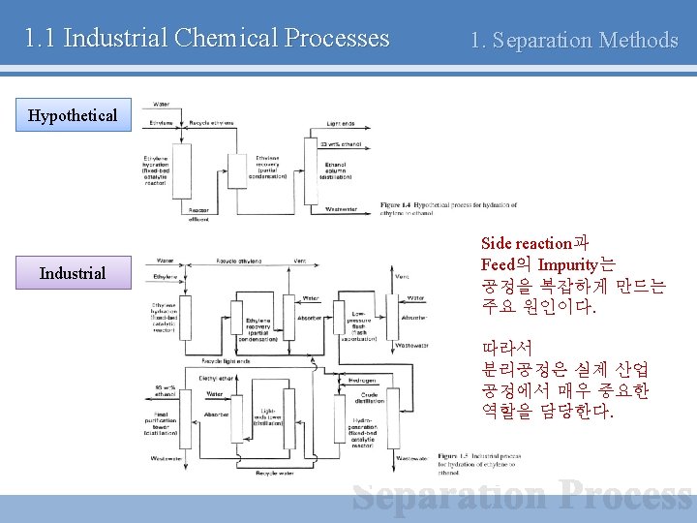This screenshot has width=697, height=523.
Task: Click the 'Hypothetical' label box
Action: (73, 116)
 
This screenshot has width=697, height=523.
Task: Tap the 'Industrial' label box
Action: (73, 273)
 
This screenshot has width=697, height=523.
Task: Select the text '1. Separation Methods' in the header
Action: (574, 41)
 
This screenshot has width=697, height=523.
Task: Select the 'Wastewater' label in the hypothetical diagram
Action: (341, 207)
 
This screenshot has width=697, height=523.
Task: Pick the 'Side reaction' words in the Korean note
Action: (526, 244)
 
